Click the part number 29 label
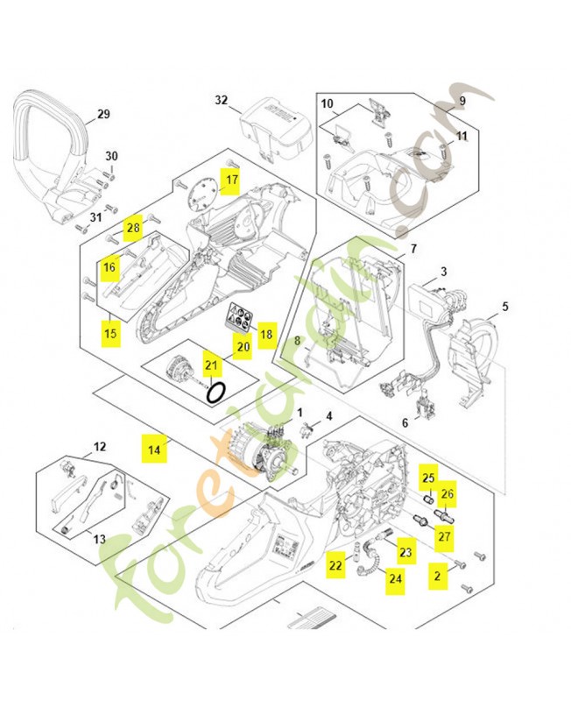pos(103,115)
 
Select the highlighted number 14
pos(154,450)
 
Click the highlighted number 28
pos(133,229)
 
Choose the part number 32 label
pos(221,101)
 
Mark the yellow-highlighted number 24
pos(396,578)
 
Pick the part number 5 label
pos(504,307)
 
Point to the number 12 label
pos(99,447)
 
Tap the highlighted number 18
pos(266,335)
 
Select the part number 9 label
pos(462,101)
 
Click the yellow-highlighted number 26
pos(448,495)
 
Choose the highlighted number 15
pos(110,333)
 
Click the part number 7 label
pos(412,249)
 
